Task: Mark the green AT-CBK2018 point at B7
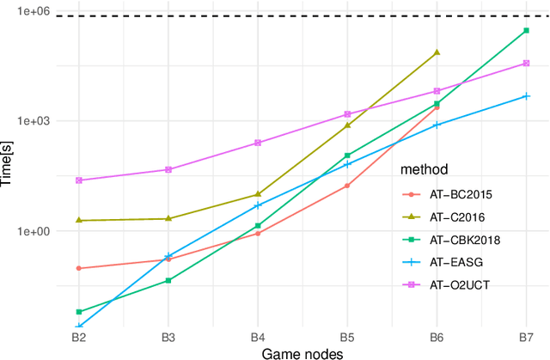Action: point(526,31)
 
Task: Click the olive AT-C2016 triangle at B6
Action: point(437,52)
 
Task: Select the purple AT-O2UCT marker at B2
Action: point(78,180)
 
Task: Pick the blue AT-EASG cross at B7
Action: point(526,96)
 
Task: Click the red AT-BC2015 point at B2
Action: point(78,268)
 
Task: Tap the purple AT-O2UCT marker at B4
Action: point(258,143)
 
